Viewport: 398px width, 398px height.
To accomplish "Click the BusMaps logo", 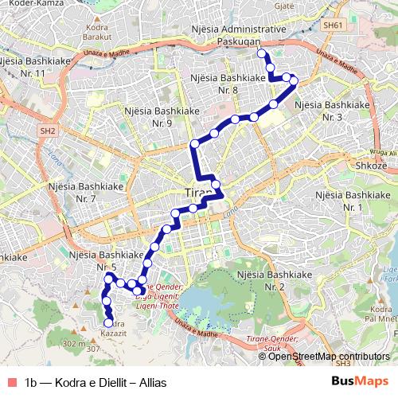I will point(359,381).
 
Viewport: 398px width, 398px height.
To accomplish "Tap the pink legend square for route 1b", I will point(10,382).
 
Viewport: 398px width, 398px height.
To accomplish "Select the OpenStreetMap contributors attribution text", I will point(329,356).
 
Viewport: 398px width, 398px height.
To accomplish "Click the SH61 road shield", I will point(332,26).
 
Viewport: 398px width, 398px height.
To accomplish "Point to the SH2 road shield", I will point(47,131).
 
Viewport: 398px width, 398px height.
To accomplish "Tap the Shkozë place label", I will point(371,165).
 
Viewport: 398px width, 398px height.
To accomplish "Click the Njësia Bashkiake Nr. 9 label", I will point(158,116).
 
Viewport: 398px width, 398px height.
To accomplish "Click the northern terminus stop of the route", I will point(262,53).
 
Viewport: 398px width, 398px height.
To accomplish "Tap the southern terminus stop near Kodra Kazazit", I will point(108,323).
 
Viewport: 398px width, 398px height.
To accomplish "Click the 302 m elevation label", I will point(73,343).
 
